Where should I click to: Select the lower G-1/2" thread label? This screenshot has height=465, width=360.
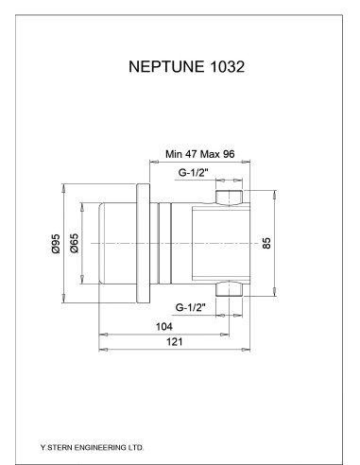click(x=196, y=307)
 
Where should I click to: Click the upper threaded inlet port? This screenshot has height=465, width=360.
click(x=228, y=198)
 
